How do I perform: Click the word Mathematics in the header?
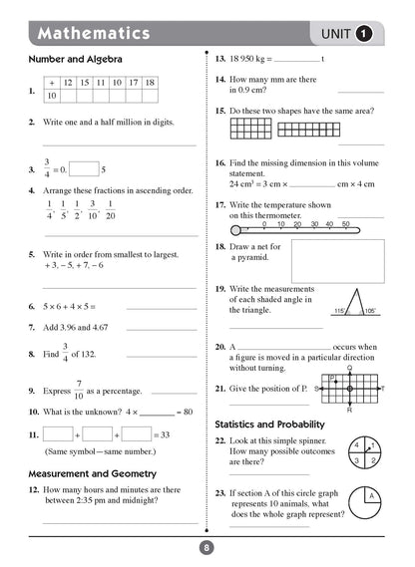pos(94,34)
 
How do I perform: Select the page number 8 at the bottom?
pos(207,546)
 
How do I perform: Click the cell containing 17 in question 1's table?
pos(133,83)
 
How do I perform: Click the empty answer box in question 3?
pos(84,169)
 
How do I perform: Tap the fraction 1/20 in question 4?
pos(111,209)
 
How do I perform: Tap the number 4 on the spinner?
pos(354,444)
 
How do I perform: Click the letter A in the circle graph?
pos(368,495)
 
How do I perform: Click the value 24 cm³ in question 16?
pos(241,183)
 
